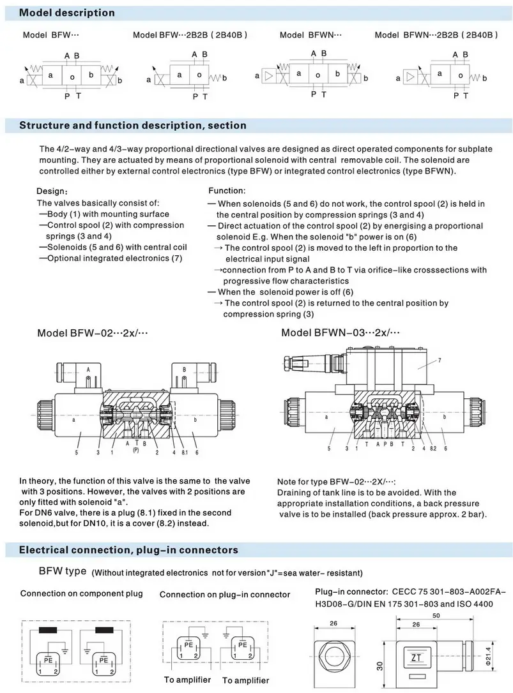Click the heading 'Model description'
(x=67, y=13)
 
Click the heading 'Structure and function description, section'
(x=132, y=125)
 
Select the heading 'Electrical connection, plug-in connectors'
(x=128, y=549)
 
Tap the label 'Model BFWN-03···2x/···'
(x=341, y=333)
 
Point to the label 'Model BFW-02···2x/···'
(x=93, y=333)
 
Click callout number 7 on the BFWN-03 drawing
(x=439, y=361)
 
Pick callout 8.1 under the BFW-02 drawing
(x=184, y=452)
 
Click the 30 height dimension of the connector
(x=380, y=666)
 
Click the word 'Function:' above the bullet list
(x=227, y=191)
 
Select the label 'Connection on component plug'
(x=82, y=593)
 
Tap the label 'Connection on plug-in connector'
(x=224, y=595)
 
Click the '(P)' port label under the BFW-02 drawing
(x=136, y=450)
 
